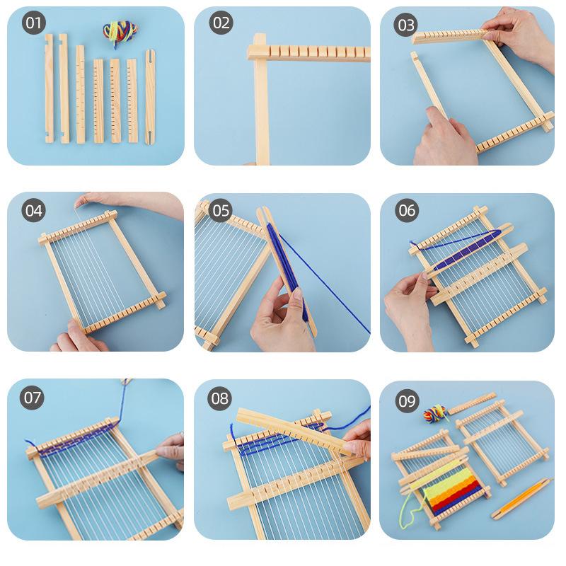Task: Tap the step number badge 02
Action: pyautogui.click(x=221, y=23)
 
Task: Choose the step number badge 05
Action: pyautogui.click(x=221, y=210)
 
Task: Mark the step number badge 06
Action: pyautogui.click(x=407, y=210)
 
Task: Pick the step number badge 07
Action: pyautogui.click(x=33, y=397)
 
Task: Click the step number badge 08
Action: pyautogui.click(x=220, y=398)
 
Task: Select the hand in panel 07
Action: pyautogui.click(x=172, y=450)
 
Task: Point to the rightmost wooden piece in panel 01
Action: pyautogui.click(x=150, y=98)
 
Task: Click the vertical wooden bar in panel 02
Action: pyautogui.click(x=261, y=106)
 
